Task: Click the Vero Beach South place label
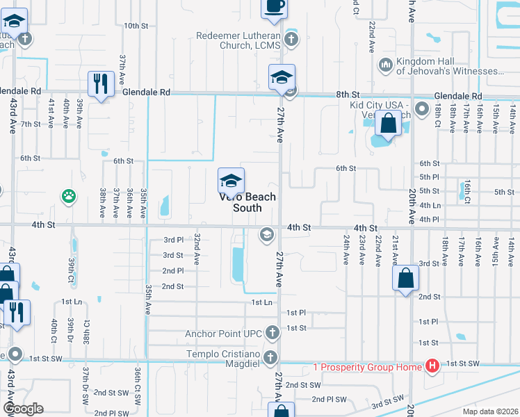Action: pos(247,202)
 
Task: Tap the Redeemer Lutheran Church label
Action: pos(238,40)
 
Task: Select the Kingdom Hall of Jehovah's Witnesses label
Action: pos(450,66)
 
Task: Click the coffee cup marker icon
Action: pos(273,6)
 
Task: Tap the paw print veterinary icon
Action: pos(68,197)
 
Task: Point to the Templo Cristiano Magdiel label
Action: pos(222,355)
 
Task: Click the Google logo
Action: pos(23,409)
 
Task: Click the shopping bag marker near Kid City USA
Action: pos(387,124)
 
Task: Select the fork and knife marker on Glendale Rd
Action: pos(101,84)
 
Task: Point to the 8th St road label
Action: pos(348,95)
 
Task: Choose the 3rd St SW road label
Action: pos(387,402)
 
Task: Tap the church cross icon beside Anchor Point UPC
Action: pos(272,333)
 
